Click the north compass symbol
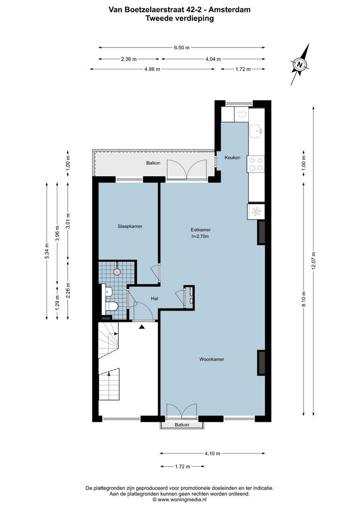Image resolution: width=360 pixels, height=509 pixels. tap(300, 64)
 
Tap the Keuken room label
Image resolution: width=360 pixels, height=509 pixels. tap(232, 157)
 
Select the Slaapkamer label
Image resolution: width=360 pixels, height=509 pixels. tap(130, 226)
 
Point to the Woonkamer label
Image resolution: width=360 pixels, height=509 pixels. tap(212, 359)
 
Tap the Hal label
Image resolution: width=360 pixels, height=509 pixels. tap(154, 299)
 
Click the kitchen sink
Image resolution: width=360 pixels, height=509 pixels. tap(257, 131)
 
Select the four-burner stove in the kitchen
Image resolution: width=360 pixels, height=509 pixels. tap(256, 164)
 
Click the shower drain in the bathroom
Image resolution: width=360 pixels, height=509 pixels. tap(117, 272)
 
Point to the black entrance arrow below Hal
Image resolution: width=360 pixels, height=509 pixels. tap(142, 326)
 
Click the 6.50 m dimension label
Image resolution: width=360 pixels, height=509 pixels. tap(181, 48)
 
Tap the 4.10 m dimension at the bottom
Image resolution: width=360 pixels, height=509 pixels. tap(212, 453)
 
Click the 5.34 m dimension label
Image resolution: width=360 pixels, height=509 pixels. tap(46, 251)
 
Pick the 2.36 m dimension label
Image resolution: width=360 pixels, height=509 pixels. tap(129, 59)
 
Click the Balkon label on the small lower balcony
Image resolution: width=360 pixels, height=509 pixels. tap(182, 425)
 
